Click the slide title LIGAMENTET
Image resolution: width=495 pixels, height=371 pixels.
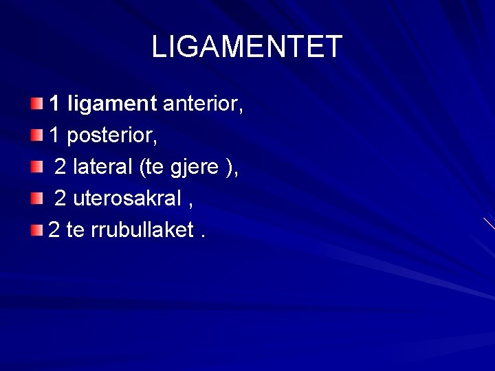pyautogui.click(x=247, y=47)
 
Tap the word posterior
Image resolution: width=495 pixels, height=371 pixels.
pyautogui.click(x=113, y=136)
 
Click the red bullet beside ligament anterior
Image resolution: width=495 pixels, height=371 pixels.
pyautogui.click(x=37, y=104)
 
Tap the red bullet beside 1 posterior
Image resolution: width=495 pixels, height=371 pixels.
pyautogui.click(x=37, y=135)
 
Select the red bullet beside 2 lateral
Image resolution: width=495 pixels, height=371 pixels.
pyautogui.click(x=37, y=167)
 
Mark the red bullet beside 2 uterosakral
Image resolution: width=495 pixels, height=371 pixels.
pyautogui.click(x=37, y=198)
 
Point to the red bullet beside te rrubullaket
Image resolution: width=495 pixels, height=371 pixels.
pyautogui.click(x=37, y=229)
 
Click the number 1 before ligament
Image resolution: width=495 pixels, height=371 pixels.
pyautogui.click(x=56, y=104)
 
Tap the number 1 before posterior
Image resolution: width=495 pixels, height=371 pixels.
pyautogui.click(x=56, y=136)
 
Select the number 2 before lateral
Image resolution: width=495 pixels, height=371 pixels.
pyautogui.click(x=60, y=167)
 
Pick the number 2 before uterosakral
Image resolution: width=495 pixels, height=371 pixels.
pyautogui.click(x=60, y=199)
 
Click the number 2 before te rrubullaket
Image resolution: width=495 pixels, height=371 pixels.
pyautogui.click(x=55, y=230)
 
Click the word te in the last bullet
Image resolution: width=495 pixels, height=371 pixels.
pyautogui.click(x=77, y=230)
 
